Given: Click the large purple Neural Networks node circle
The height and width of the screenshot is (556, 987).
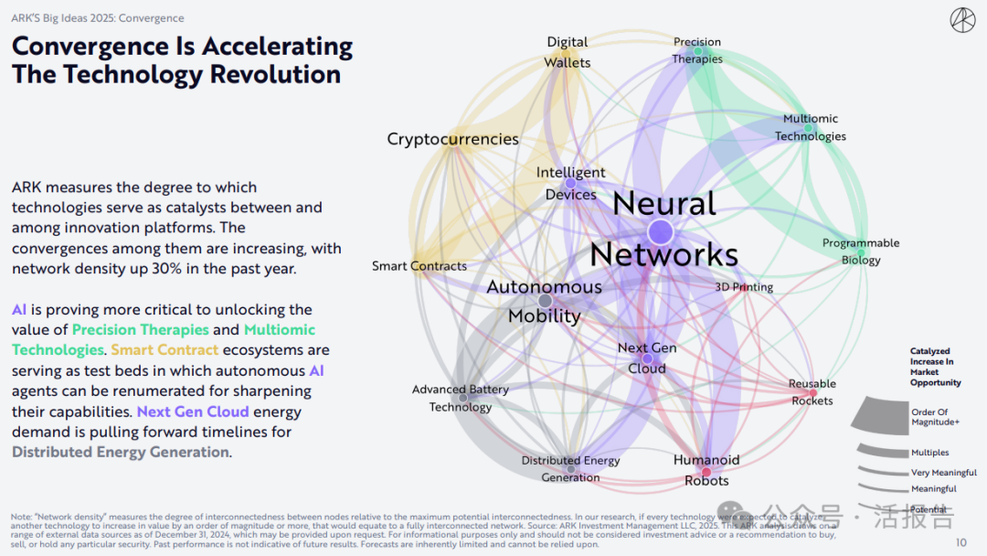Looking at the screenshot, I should [x=662, y=231].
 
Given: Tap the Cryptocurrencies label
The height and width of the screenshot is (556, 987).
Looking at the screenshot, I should [x=452, y=139].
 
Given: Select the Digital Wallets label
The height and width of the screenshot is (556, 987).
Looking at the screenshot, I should [x=568, y=52].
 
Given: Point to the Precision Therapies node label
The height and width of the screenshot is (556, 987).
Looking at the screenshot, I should [x=697, y=50].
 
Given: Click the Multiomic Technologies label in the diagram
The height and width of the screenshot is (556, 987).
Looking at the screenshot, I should [x=811, y=127].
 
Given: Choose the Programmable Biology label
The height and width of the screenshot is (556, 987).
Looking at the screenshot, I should [x=861, y=251].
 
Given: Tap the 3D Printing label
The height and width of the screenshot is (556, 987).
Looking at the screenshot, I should [x=744, y=287].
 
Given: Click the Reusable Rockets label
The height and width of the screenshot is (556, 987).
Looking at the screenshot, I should [x=812, y=392].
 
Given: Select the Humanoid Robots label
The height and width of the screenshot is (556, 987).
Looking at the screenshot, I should [x=706, y=470].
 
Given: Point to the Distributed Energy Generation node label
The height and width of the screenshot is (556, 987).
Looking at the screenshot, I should [x=570, y=468].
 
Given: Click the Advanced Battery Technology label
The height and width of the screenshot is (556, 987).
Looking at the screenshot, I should [x=461, y=398].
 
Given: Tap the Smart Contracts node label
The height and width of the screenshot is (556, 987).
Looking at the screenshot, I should [x=419, y=266].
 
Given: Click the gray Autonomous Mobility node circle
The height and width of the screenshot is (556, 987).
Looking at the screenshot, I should [x=546, y=300].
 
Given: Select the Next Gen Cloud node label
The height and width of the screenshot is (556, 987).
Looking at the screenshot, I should [x=647, y=358].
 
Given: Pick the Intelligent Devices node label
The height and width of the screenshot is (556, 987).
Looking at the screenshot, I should [x=570, y=183].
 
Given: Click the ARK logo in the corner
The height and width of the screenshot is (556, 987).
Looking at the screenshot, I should [x=962, y=21].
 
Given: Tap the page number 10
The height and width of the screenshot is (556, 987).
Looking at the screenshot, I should [x=960, y=543].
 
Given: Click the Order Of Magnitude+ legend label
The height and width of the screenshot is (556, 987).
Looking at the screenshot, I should [x=936, y=417].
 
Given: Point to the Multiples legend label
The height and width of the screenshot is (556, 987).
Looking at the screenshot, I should [x=930, y=453].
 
